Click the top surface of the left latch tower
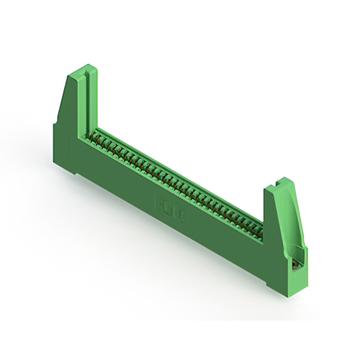(x=82, y=71)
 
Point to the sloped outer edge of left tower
(x=62, y=101)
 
